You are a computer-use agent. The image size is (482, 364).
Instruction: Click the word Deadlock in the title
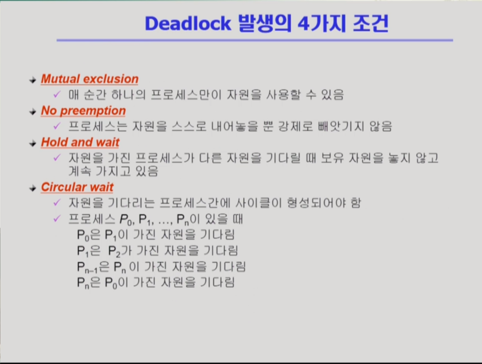pos(188,23)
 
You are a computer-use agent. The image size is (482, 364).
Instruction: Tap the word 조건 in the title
pos(370,23)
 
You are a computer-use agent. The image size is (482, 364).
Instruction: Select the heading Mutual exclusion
pos(90,79)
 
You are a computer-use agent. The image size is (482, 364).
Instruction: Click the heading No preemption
pos(83,111)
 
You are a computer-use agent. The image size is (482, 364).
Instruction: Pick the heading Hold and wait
pos(80,142)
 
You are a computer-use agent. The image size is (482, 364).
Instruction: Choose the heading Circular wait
pos(77,187)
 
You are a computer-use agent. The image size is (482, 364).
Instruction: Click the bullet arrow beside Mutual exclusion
pos(33,80)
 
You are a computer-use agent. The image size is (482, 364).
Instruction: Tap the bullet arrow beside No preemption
pos(33,112)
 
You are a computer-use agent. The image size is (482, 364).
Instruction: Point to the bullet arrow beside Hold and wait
pos(33,143)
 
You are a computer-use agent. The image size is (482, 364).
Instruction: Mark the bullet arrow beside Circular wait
pos(33,188)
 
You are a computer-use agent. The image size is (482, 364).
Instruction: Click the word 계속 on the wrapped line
pos(80,171)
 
